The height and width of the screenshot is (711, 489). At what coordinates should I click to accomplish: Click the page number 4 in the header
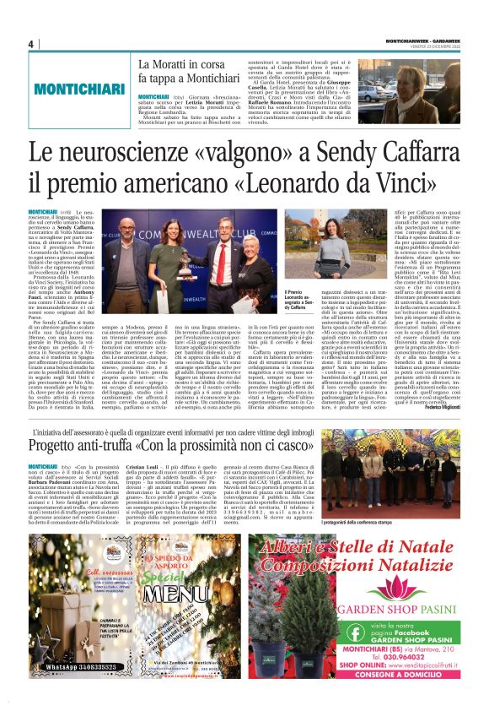pos(31,44)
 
